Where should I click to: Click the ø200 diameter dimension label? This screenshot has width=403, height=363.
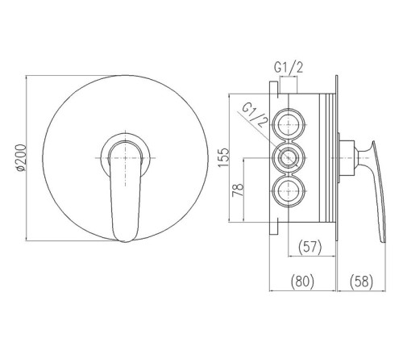[x=21, y=158]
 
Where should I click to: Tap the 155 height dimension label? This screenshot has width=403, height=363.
[x=223, y=157]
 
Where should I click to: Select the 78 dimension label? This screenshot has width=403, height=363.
[x=238, y=190]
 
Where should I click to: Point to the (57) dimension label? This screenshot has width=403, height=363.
[x=310, y=247]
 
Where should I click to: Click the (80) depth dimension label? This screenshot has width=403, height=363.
[x=302, y=282]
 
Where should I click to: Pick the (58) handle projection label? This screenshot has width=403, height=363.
[x=361, y=282]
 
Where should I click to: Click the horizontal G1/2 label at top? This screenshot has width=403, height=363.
[x=289, y=67]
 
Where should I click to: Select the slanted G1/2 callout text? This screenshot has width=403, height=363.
[x=255, y=115]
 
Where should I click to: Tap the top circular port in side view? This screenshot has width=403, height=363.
[x=289, y=125]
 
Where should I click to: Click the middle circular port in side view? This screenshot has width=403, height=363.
[x=289, y=158]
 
